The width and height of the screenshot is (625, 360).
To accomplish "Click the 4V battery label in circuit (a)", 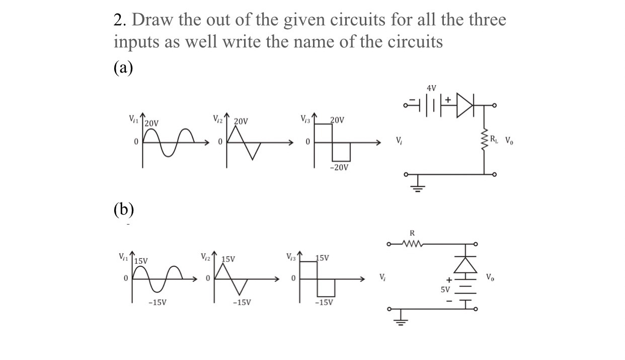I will coord(431,88).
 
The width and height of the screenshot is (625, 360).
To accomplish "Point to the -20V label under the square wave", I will coord(339,167).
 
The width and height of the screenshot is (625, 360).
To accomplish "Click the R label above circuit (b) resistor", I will coord(413,233).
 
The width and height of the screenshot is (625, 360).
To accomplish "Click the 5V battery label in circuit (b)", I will coord(445,290).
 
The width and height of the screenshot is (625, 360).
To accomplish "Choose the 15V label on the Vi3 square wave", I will coord(323,258).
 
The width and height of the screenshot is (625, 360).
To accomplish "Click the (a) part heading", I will coord(123,67).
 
